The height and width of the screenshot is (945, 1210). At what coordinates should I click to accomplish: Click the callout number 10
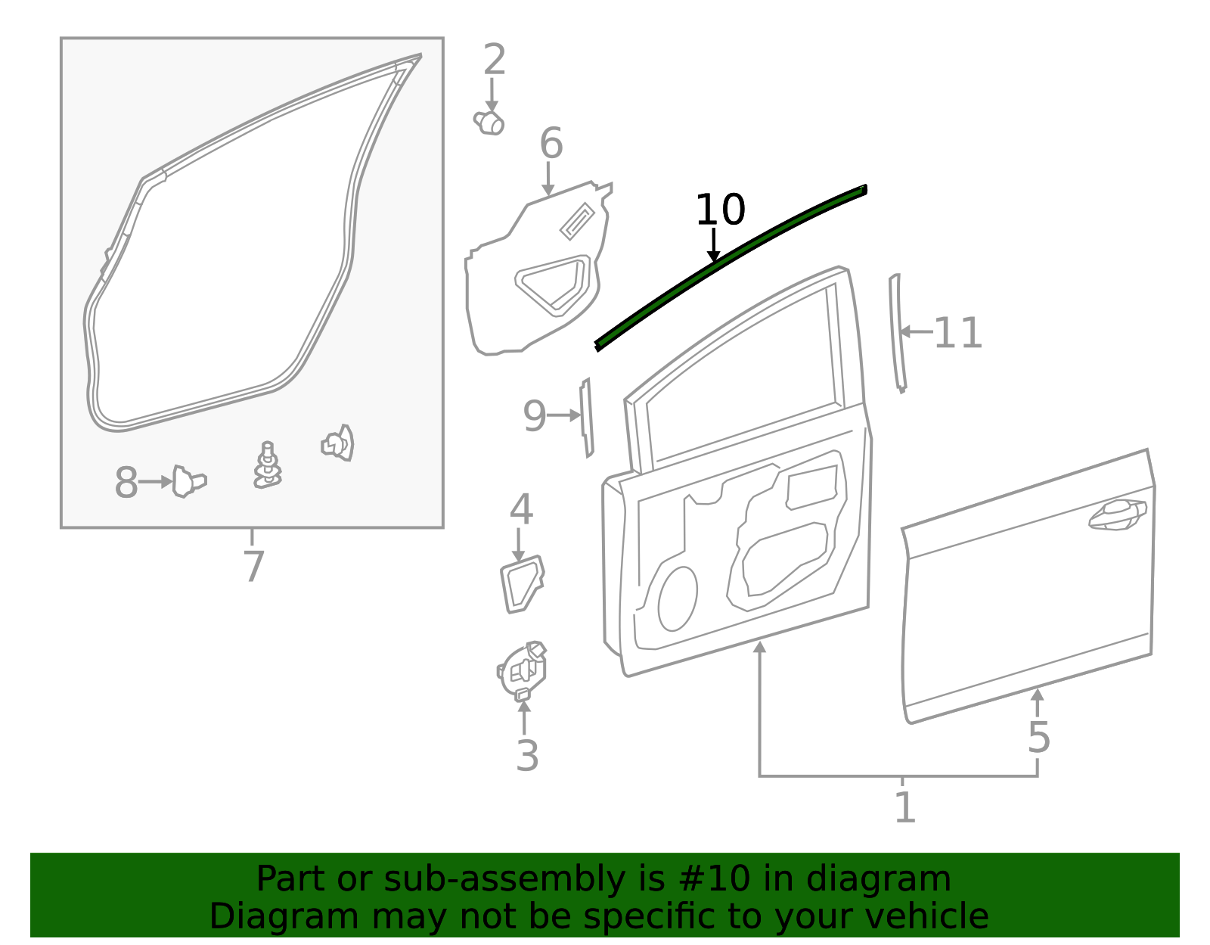pos(720,210)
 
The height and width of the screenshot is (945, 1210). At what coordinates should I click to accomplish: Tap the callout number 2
pos(494,60)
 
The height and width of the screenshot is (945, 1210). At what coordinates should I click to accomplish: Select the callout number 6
pos(551,143)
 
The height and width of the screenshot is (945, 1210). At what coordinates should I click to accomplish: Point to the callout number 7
pos(253,566)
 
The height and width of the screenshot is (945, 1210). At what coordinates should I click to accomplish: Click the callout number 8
pos(126,482)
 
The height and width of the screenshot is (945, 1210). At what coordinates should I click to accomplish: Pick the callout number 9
pos(535,416)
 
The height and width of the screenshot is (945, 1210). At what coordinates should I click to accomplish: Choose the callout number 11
pos(957,332)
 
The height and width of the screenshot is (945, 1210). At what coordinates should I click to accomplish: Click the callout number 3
pos(527,756)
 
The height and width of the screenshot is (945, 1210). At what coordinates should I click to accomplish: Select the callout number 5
pos(1038,737)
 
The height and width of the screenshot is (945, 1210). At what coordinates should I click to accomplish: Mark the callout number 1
pos(905,807)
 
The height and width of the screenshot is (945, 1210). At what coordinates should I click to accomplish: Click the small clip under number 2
pos(489,123)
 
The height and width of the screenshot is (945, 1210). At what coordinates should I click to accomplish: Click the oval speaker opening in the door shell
pos(677,599)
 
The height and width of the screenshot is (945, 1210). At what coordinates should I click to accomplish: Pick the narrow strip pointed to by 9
pos(586,418)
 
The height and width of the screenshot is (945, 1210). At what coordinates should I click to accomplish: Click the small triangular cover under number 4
pos(522,584)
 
